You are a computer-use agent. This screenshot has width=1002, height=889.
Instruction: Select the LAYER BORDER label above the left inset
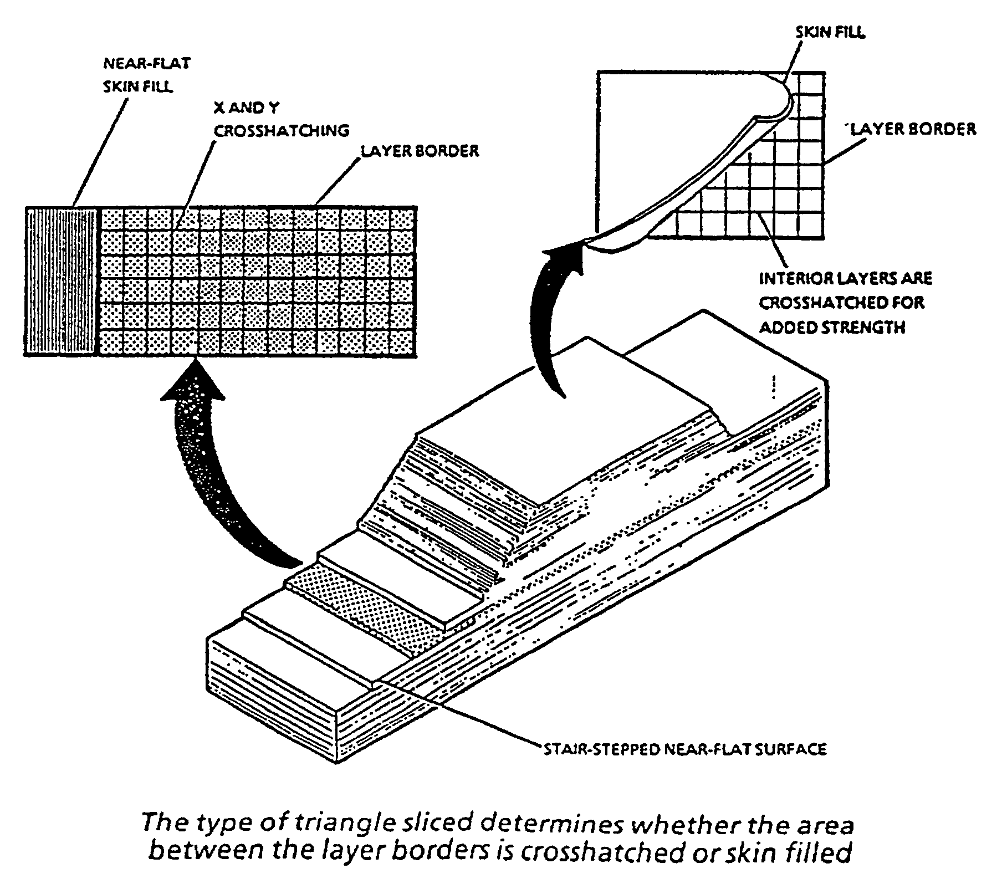[x=420, y=151]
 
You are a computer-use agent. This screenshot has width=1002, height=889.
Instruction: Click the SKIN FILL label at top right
[x=830, y=33]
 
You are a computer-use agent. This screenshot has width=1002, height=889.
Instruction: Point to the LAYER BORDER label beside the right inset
[x=913, y=129]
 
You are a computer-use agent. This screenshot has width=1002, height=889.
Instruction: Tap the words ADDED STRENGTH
[x=832, y=328]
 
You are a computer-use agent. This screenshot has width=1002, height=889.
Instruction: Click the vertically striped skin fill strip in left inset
[x=60, y=280]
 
